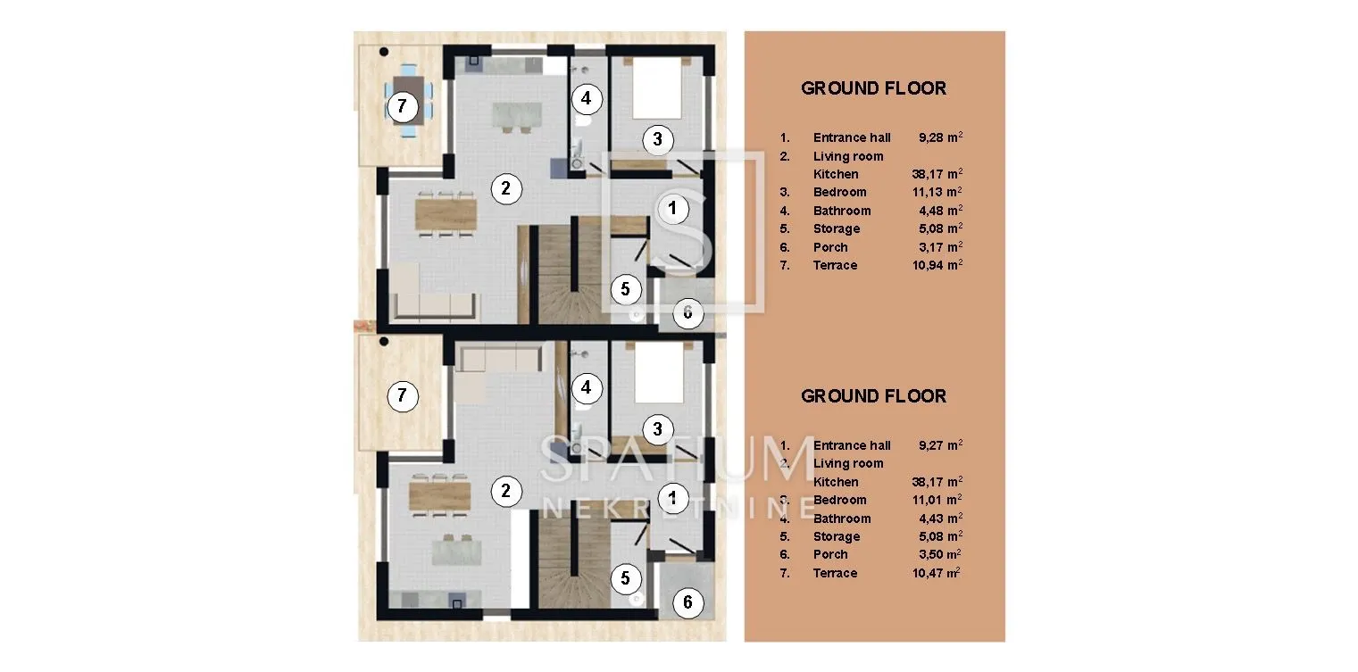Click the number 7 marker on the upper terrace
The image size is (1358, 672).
pyautogui.click(x=402, y=107)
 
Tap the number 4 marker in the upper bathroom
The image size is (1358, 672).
pyautogui.click(x=586, y=98)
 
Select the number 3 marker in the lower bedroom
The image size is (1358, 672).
pyautogui.click(x=658, y=429)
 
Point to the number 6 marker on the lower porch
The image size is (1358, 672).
pyautogui.click(x=687, y=602)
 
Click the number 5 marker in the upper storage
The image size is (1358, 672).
pyautogui.click(x=625, y=290)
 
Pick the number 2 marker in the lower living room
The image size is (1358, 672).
pyautogui.click(x=506, y=491)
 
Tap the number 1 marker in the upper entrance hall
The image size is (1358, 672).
pyautogui.click(x=672, y=209)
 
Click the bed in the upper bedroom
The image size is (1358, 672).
pyautogui.click(x=656, y=88)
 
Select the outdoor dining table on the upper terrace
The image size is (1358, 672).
pyautogui.click(x=408, y=99)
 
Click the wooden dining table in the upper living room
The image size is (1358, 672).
pyautogui.click(x=446, y=214)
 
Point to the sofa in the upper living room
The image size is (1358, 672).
pyautogui.click(x=436, y=306)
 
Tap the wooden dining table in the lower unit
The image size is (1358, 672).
pyautogui.click(x=439, y=495)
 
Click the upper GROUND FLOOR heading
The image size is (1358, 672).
pyautogui.click(x=873, y=88)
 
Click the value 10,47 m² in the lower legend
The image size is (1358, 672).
pyautogui.click(x=936, y=573)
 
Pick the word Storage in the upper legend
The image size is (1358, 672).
pyautogui.click(x=837, y=229)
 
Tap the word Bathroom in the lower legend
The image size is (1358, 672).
pyautogui.click(x=842, y=519)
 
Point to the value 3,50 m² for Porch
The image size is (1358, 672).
pyautogui.click(x=939, y=554)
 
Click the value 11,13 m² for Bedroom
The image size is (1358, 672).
pyautogui.click(x=937, y=192)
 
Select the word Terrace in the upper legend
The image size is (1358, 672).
pyautogui.click(x=835, y=265)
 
